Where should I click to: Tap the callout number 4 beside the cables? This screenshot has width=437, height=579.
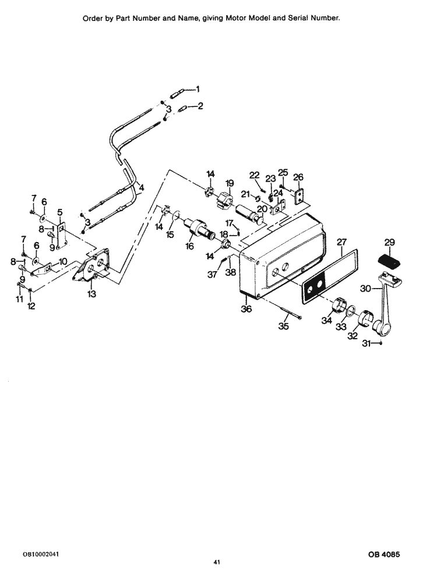[140, 187]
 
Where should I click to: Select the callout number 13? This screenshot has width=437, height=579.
[91, 294]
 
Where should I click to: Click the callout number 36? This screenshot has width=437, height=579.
[246, 309]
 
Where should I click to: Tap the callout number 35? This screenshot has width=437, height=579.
[283, 326]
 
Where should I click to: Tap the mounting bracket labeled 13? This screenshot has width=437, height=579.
[93, 268]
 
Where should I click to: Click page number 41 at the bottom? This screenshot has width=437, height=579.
[216, 562]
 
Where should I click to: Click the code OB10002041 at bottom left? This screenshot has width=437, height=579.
[41, 555]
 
